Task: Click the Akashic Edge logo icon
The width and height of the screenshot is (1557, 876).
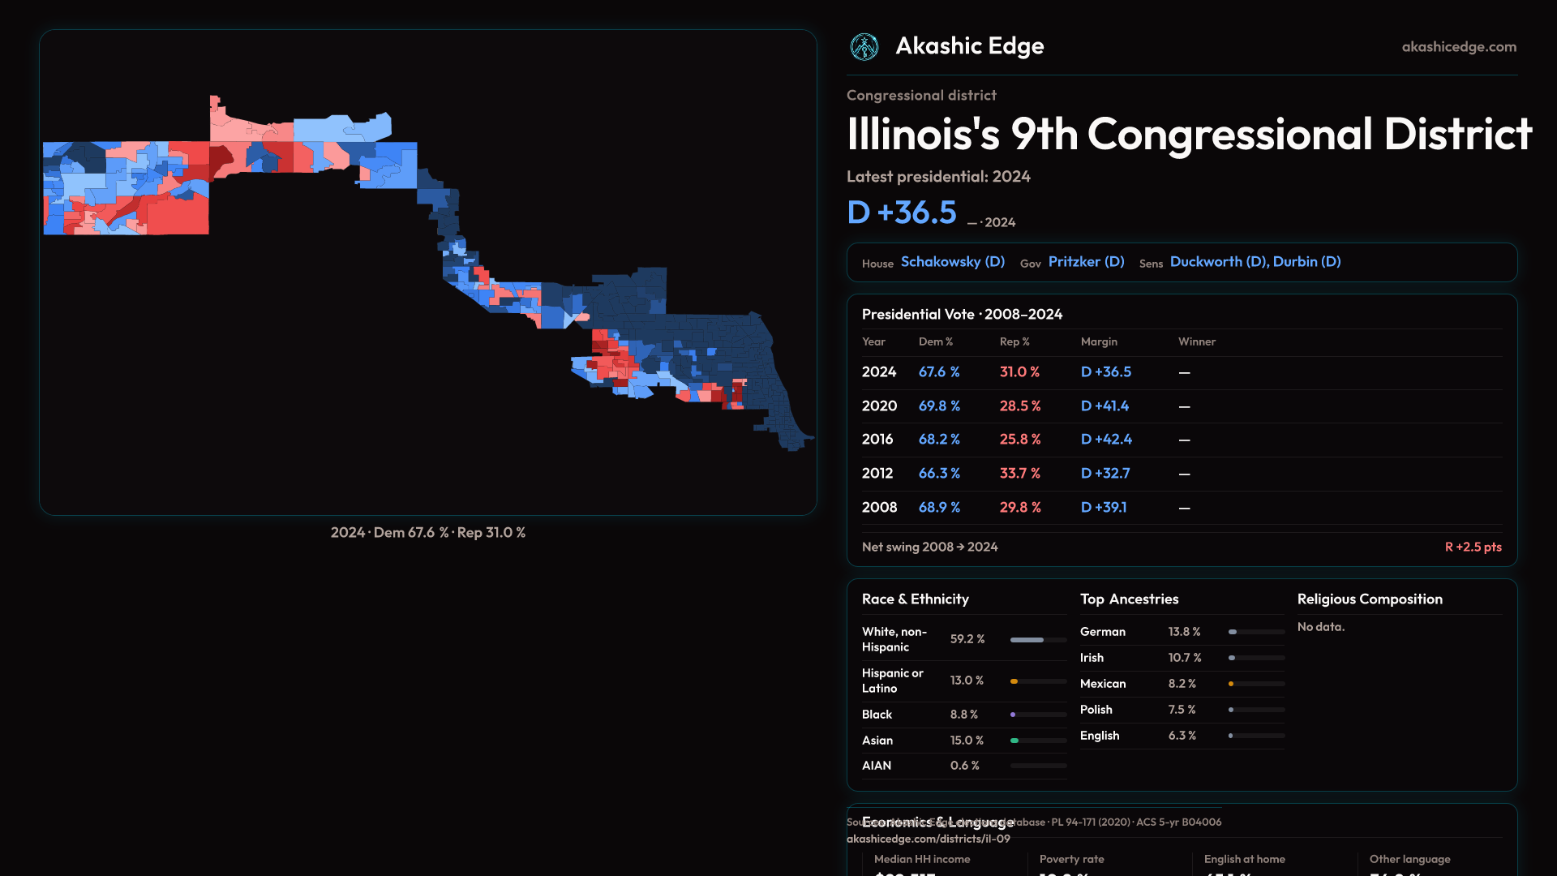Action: click(x=864, y=47)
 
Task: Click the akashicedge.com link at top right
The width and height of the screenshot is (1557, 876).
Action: click(x=1459, y=47)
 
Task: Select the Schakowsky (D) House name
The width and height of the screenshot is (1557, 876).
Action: click(x=952, y=262)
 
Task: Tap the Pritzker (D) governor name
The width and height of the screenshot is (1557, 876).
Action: click(x=1086, y=262)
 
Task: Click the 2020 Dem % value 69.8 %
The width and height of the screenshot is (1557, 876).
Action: click(x=939, y=406)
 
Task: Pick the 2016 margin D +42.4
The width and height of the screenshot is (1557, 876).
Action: click(x=1106, y=440)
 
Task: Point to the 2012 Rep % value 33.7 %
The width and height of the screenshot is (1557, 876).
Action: click(x=1019, y=474)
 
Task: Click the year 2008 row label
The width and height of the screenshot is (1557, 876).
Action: click(x=879, y=508)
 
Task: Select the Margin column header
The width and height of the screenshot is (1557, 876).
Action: click(x=1099, y=341)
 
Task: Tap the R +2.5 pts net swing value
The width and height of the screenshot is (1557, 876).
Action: click(x=1473, y=547)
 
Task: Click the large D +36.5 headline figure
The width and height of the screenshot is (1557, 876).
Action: click(x=902, y=213)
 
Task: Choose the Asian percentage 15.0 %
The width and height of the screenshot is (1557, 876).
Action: click(x=967, y=741)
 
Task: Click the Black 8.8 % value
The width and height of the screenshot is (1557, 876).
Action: click(x=963, y=715)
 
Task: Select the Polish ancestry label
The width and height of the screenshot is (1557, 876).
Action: click(x=1096, y=710)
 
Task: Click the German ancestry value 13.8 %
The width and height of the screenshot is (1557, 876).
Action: click(x=1184, y=632)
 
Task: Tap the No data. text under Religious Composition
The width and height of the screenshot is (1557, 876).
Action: click(x=1320, y=627)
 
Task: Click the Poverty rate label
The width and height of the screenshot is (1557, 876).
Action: click(x=1071, y=859)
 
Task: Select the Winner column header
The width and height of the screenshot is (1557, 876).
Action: click(x=1196, y=341)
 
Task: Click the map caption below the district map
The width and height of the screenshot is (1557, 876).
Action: click(x=427, y=533)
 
